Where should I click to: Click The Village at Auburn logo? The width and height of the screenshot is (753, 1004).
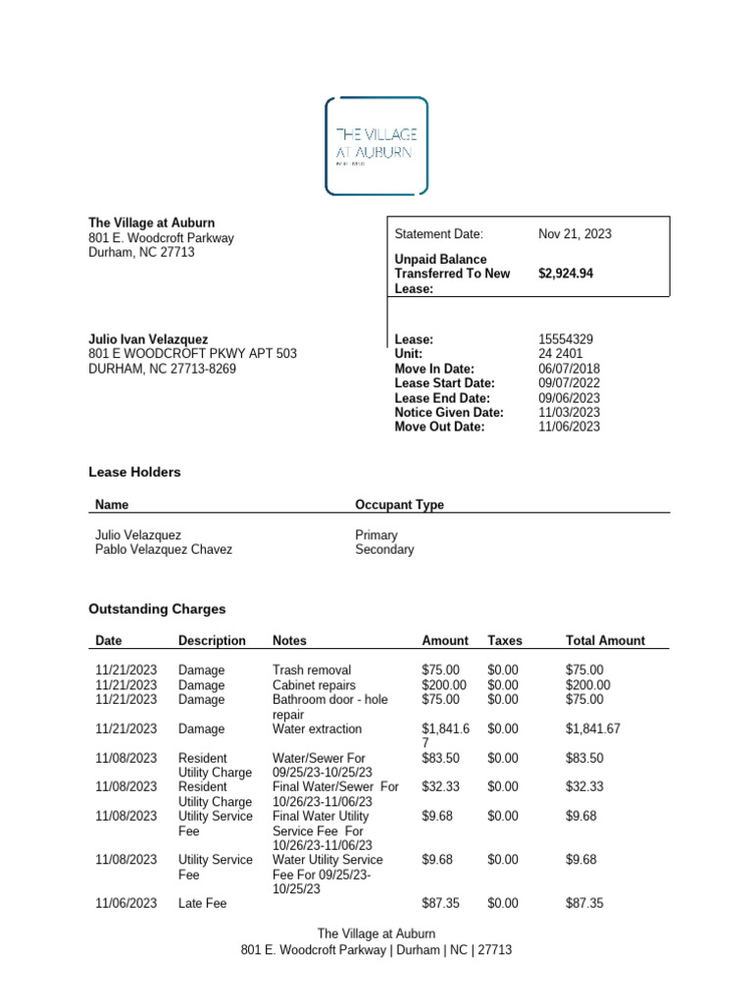(376, 145)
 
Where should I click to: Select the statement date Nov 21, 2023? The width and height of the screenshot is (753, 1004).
(575, 234)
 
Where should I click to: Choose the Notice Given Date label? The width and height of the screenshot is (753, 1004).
(449, 413)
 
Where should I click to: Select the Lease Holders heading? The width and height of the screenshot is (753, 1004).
(134, 473)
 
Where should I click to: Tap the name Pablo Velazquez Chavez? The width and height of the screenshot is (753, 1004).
(164, 550)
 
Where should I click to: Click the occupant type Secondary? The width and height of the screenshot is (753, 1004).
(384, 550)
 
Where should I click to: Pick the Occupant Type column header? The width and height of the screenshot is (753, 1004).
(399, 505)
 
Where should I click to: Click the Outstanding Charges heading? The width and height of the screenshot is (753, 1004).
(157, 609)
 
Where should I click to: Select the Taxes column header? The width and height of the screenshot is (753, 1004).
(505, 641)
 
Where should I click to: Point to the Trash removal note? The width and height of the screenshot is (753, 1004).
(312, 671)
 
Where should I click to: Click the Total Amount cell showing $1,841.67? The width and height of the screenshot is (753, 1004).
(593, 729)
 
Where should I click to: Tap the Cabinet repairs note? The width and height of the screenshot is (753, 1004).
(314, 685)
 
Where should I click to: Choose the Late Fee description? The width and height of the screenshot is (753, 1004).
(202, 903)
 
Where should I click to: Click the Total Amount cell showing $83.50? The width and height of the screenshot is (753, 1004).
(585, 758)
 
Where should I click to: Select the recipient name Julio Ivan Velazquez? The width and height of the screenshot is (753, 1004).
(148, 339)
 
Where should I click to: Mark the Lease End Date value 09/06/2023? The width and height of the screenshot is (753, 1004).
(569, 398)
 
